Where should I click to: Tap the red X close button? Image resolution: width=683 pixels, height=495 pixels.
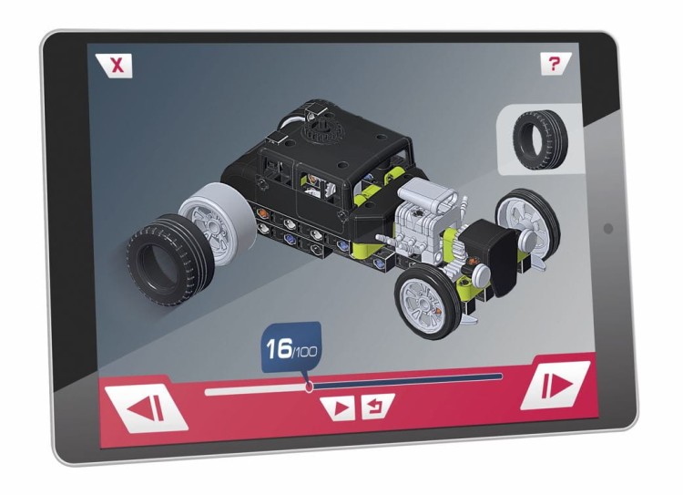point(114,66)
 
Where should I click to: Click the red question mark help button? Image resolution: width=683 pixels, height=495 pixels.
point(555,64)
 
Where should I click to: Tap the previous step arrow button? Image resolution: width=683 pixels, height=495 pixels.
point(147,409)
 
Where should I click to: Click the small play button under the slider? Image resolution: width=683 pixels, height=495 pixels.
point(340,408)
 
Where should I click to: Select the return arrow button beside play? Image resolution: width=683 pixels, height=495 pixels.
point(377,406)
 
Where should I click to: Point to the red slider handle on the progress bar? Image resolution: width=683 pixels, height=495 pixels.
point(310,387)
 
